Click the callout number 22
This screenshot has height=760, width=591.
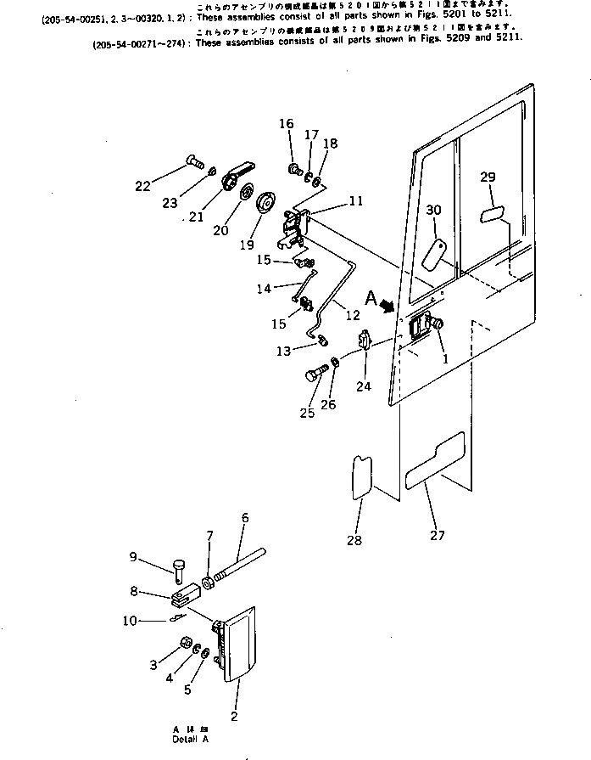pyautogui.click(x=142, y=186)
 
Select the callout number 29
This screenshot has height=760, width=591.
pyautogui.click(x=488, y=177)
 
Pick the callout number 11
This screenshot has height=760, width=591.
pyautogui.click(x=355, y=201)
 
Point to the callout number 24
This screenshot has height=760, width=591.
pyautogui.click(x=364, y=387)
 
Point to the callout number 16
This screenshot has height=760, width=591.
pyautogui.click(x=287, y=124)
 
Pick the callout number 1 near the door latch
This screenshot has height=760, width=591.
pyautogui.click(x=443, y=358)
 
